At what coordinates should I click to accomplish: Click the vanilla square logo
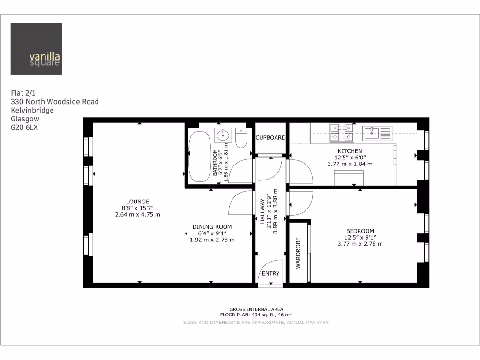tap(36, 49)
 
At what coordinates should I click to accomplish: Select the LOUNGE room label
tap(137, 202)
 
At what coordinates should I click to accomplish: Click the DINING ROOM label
tap(212, 227)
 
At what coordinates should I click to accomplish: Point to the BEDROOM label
tap(360, 231)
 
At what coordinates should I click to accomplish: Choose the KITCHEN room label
tap(350, 151)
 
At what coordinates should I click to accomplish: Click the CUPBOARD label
tap(270, 138)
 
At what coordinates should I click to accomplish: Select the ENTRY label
tap(270, 274)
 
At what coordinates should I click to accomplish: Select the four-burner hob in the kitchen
tap(342, 132)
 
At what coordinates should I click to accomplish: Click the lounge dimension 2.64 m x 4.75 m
tap(137, 215)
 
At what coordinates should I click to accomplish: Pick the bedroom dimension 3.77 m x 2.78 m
tap(360, 244)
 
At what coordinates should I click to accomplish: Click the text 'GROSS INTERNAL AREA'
tap(255, 309)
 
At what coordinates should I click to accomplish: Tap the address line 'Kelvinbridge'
tap(32, 110)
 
